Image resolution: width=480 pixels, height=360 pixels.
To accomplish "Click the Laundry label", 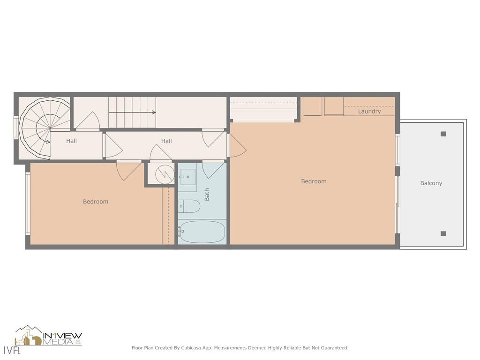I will (x=369, y=112).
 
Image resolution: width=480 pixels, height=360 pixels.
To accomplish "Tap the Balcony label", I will (x=431, y=183).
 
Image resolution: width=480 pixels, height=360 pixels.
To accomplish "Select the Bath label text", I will (x=207, y=195).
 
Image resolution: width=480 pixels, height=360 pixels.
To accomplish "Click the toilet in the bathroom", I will (x=189, y=206).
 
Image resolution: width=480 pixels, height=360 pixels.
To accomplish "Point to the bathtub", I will (x=202, y=232).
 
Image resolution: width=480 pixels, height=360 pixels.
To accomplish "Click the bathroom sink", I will (x=187, y=177).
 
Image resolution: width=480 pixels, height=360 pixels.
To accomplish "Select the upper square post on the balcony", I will (x=443, y=134).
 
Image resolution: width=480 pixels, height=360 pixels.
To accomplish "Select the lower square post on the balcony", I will (x=443, y=233).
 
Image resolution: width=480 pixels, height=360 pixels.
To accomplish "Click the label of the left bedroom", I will (x=96, y=202).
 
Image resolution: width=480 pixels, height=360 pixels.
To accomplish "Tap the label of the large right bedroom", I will (x=314, y=181).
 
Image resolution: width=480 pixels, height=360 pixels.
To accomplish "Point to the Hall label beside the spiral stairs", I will (x=71, y=141).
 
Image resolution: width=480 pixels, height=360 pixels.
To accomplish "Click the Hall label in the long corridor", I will (x=166, y=141).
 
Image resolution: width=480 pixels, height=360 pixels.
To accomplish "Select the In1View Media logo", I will (x=49, y=336).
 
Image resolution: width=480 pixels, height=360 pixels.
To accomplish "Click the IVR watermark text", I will (x=12, y=350).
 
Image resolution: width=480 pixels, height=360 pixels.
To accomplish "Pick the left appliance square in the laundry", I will (x=312, y=106).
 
